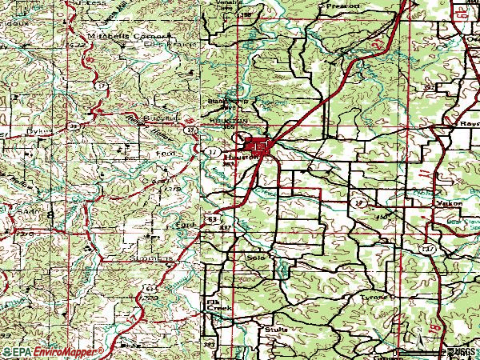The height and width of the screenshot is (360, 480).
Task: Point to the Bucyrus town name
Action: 156,117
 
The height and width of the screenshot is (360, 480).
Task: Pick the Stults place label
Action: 275,328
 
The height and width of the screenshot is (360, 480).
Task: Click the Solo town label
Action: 255,258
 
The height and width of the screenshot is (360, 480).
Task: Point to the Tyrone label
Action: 375,296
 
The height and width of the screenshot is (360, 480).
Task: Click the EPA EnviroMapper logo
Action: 52,351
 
